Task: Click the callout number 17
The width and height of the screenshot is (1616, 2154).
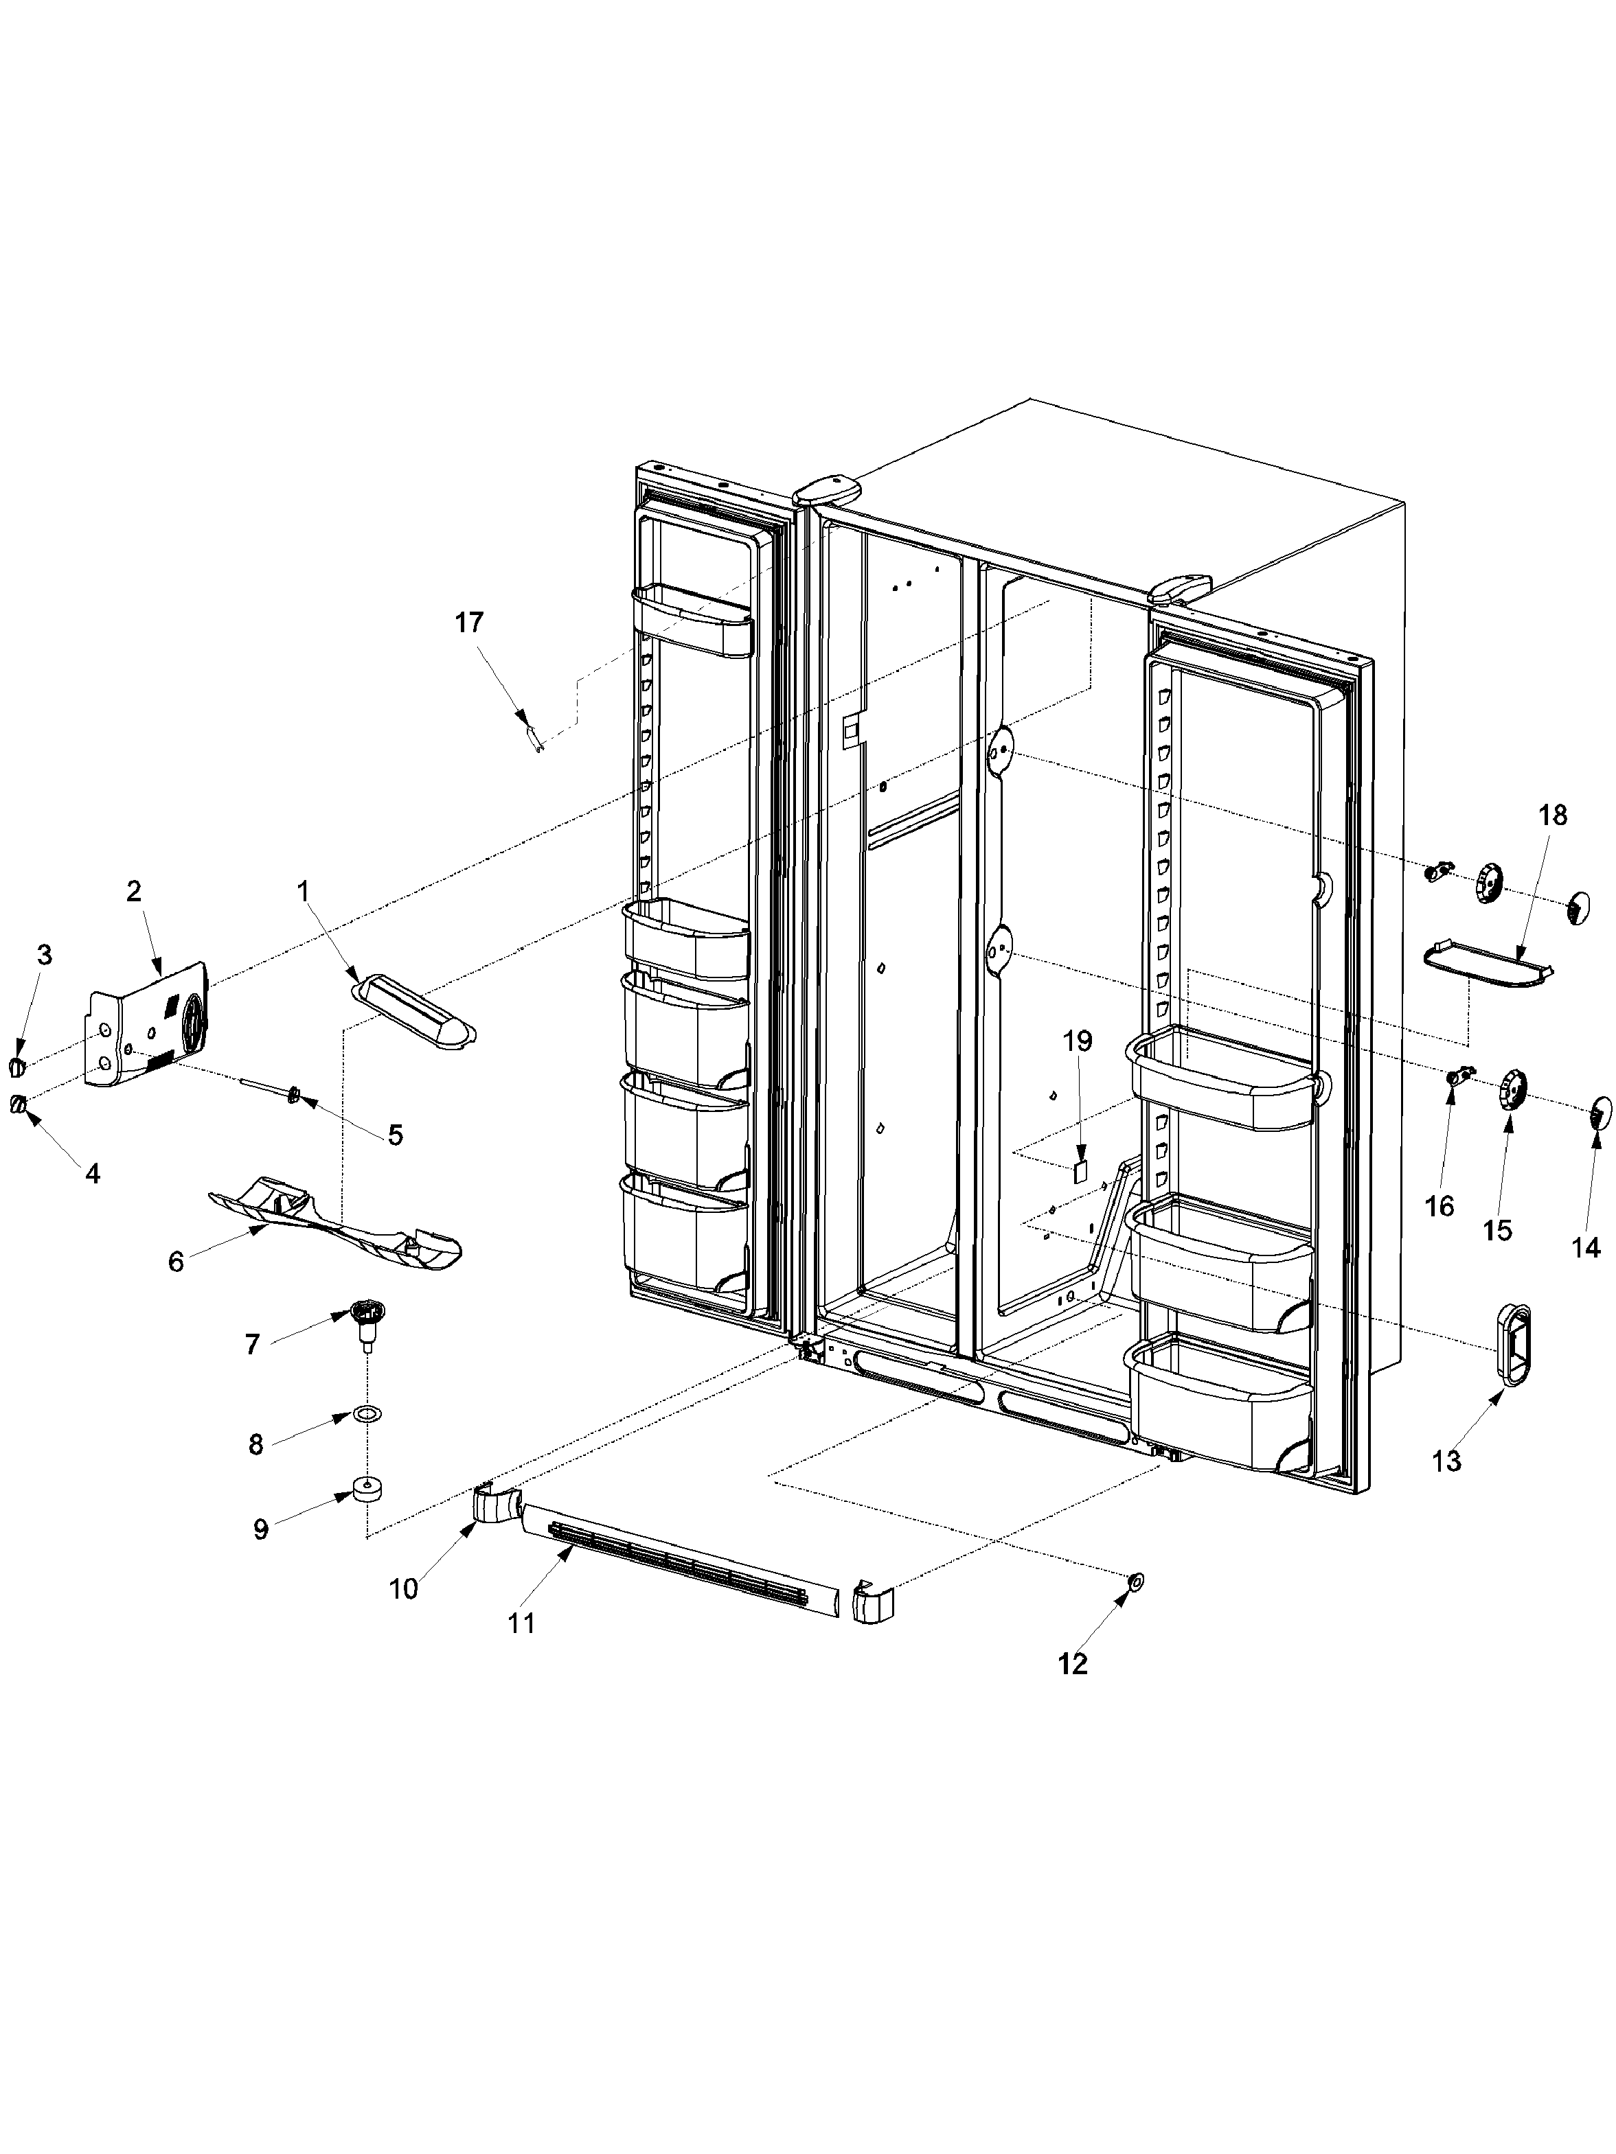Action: (x=470, y=623)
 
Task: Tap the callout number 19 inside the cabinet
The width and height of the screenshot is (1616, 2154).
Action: (x=1078, y=1041)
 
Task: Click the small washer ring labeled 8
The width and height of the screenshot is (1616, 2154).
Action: (x=368, y=1414)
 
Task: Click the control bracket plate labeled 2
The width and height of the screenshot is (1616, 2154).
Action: (x=151, y=1028)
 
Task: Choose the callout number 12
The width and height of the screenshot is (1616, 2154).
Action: (x=1073, y=1664)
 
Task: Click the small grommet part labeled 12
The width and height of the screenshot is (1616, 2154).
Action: (x=1135, y=1582)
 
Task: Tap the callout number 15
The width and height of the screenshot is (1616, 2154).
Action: (x=1497, y=1231)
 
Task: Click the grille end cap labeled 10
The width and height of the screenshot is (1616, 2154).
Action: (x=494, y=1505)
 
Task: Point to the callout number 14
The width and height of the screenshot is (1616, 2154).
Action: (x=1586, y=1247)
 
